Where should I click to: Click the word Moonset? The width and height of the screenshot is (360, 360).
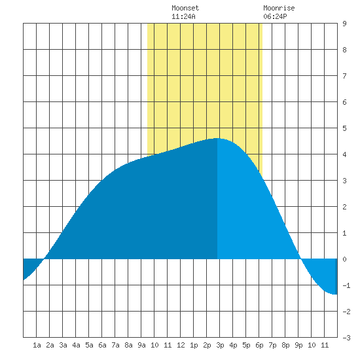click(185, 8)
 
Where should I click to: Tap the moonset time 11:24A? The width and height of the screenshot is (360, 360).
click(183, 16)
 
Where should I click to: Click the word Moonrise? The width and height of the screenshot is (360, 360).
click(279, 8)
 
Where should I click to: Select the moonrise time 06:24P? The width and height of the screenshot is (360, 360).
click(275, 16)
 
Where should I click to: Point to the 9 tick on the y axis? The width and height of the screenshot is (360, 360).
click(344, 24)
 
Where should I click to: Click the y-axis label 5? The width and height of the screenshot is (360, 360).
click(344, 128)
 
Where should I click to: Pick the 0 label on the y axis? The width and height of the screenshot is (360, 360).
click(344, 259)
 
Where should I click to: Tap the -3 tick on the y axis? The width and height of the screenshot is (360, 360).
click(346, 338)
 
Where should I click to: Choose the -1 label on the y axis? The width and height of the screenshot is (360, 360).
click(346, 285)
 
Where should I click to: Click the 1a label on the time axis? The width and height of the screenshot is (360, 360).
click(37, 345)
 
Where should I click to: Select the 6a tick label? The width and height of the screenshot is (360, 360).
click(102, 345)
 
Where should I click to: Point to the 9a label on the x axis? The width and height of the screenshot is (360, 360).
click(141, 345)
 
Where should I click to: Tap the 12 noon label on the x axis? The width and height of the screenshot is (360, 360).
click(181, 345)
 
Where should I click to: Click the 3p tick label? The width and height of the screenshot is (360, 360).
click(220, 345)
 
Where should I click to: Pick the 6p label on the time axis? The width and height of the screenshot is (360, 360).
click(259, 345)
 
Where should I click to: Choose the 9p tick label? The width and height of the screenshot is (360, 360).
click(298, 345)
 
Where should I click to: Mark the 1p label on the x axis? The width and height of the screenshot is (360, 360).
click(194, 345)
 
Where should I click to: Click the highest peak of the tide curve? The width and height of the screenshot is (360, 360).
click(217, 139)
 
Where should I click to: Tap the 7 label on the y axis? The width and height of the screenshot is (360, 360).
click(344, 76)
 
